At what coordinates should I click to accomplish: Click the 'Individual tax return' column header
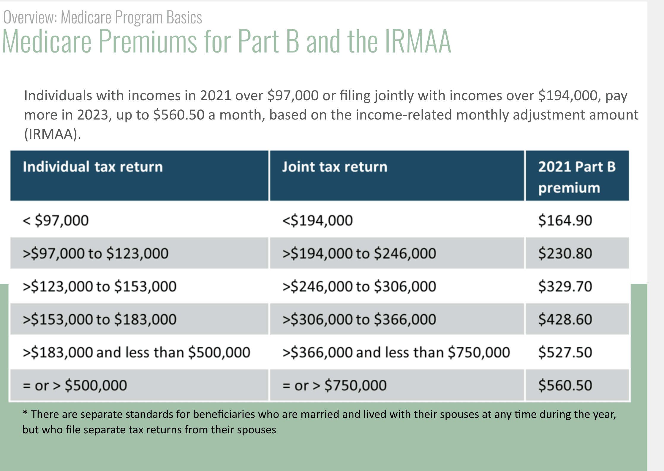point(93,167)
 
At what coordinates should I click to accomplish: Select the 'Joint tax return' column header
point(335,167)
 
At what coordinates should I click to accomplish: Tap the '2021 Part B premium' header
point(577,177)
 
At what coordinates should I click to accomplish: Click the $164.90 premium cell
point(565,220)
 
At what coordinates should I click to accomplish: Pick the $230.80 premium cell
point(565,253)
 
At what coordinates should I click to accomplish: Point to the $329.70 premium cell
point(565,286)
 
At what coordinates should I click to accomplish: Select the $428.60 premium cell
point(565,319)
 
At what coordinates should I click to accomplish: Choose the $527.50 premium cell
point(565,352)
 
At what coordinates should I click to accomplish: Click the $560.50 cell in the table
point(565,385)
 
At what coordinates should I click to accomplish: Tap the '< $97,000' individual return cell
point(56,220)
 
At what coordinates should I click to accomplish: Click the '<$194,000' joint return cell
point(317,220)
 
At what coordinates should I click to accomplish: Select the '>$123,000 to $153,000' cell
point(99,286)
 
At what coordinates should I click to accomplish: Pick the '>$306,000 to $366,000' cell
point(359,319)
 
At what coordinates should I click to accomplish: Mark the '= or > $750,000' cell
point(334,385)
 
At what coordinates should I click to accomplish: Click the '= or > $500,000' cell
point(75,385)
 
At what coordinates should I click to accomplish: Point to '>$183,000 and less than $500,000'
point(136,352)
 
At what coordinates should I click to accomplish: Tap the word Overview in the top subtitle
point(30,17)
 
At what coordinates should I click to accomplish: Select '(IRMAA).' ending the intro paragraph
point(52,134)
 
